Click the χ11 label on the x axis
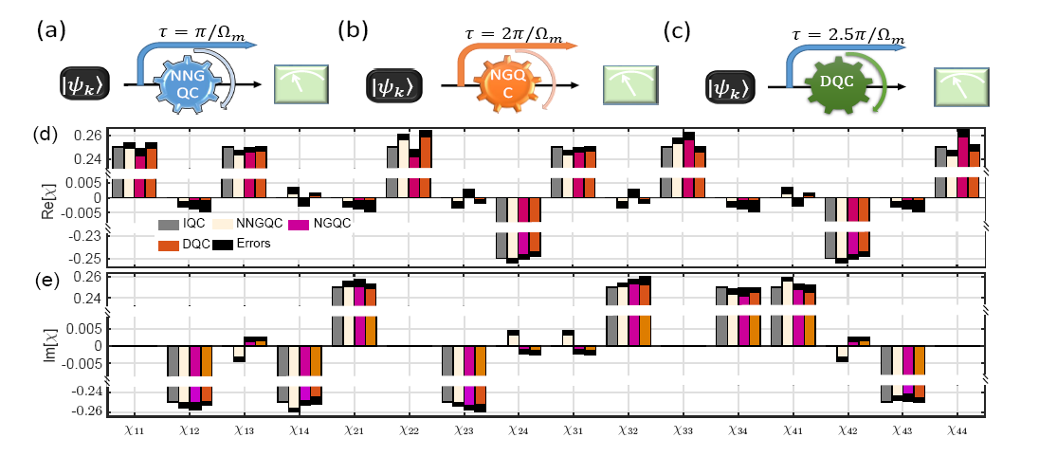click(133, 431)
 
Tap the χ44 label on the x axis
click(957, 431)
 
